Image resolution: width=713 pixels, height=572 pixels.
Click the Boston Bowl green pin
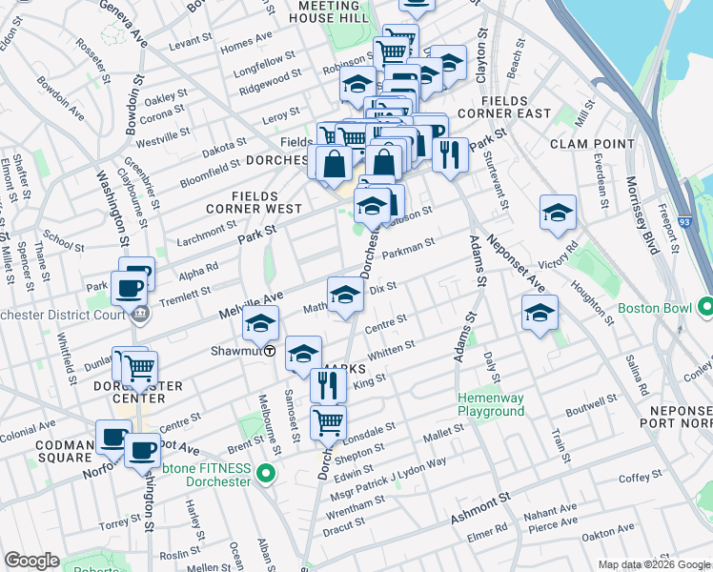(705, 308)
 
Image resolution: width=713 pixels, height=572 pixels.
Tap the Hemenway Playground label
(491, 404)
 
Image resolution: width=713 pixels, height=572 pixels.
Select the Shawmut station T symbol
(270, 351)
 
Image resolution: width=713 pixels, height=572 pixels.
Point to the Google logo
(31, 561)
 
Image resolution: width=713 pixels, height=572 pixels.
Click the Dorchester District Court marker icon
(141, 313)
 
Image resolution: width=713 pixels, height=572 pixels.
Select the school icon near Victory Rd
(558, 214)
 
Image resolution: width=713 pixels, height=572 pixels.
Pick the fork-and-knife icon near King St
(327, 385)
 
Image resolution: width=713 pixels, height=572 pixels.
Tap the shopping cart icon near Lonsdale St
(328, 421)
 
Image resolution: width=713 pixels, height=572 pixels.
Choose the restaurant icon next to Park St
(450, 153)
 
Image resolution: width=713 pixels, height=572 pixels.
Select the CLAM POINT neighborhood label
(592, 144)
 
